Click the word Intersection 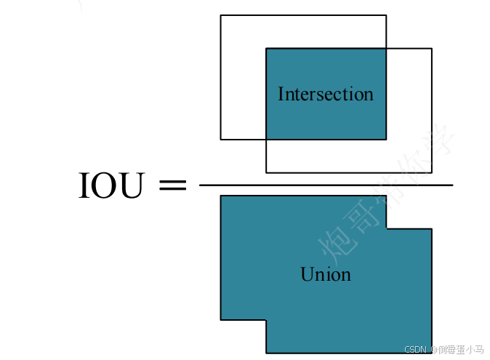click(325, 95)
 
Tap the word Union click(325, 274)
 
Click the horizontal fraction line click(326, 185)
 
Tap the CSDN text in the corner click(414, 350)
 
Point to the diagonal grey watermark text click(385, 196)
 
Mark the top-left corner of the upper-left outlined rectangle click(221, 15)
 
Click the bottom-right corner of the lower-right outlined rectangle click(432, 172)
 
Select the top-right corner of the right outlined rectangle click(432, 49)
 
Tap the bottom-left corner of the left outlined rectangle click(221, 139)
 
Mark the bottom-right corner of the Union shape click(431, 353)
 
